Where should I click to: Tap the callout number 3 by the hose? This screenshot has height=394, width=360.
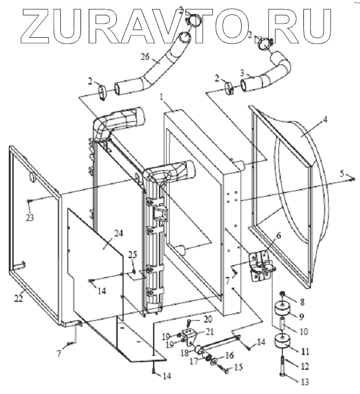click(241, 72)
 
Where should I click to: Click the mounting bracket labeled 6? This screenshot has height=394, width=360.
click(260, 266)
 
